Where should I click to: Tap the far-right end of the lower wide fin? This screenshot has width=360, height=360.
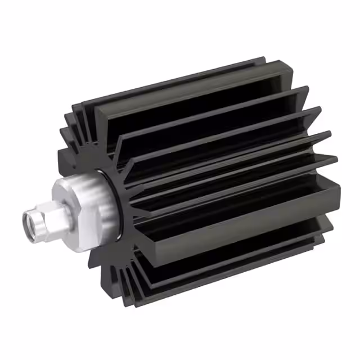337,194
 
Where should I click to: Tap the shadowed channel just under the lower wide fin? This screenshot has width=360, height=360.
236,253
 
